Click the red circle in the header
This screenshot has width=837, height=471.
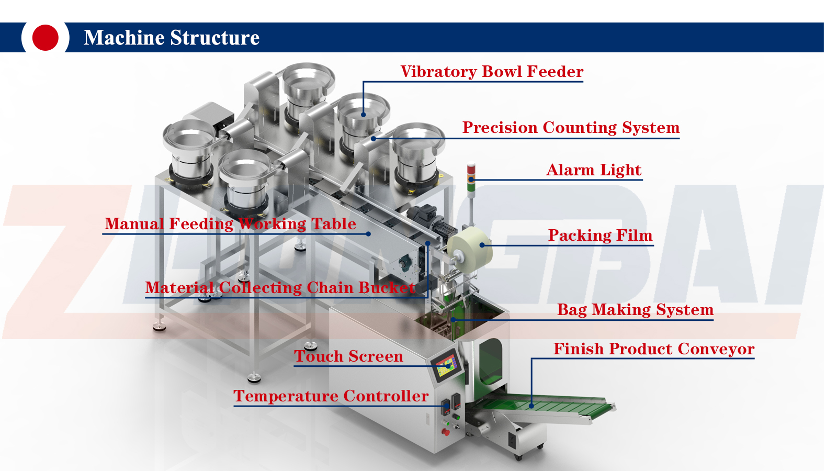(46, 38)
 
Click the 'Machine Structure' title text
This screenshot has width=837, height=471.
(172, 38)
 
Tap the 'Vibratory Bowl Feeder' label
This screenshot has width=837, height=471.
(492, 72)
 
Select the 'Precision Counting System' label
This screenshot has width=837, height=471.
(571, 128)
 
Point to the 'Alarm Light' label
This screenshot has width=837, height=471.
(594, 170)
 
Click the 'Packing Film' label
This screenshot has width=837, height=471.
(600, 235)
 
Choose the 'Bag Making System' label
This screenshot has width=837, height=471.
(635, 310)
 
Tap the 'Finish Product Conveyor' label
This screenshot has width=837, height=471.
(654, 349)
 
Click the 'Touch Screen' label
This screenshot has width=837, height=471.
(348, 356)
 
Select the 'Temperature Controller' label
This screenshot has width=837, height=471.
(331, 396)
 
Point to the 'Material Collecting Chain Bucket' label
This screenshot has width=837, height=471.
(280, 288)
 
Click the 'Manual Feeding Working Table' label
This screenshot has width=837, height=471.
(230, 224)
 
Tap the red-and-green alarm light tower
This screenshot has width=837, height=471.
(471, 175)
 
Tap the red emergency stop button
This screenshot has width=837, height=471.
(446, 431)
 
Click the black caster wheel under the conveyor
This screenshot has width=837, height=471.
(518, 457)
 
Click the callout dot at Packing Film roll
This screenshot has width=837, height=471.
(482, 245)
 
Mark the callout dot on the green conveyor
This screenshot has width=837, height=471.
(531, 406)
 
